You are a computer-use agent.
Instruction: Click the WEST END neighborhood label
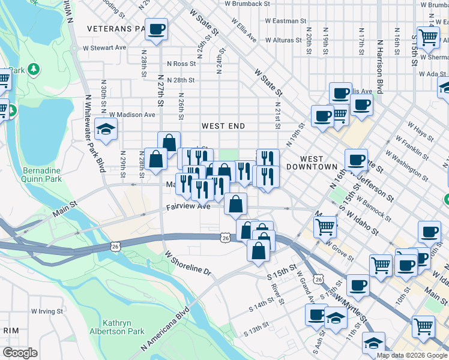tap(223, 126)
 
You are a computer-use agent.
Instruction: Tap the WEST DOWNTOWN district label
tap(319, 162)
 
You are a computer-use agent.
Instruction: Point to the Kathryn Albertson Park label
tap(124, 327)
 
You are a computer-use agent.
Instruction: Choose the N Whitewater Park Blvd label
tap(92, 131)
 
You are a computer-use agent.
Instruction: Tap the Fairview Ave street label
tap(188, 206)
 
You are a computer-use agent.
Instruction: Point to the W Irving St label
tap(43, 311)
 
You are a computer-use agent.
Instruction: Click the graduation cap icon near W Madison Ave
tap(106, 130)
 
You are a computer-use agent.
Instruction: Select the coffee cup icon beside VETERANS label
tap(156, 29)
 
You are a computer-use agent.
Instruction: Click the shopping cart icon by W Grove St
tap(325, 227)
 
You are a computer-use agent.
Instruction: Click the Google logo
tap(20, 353)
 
